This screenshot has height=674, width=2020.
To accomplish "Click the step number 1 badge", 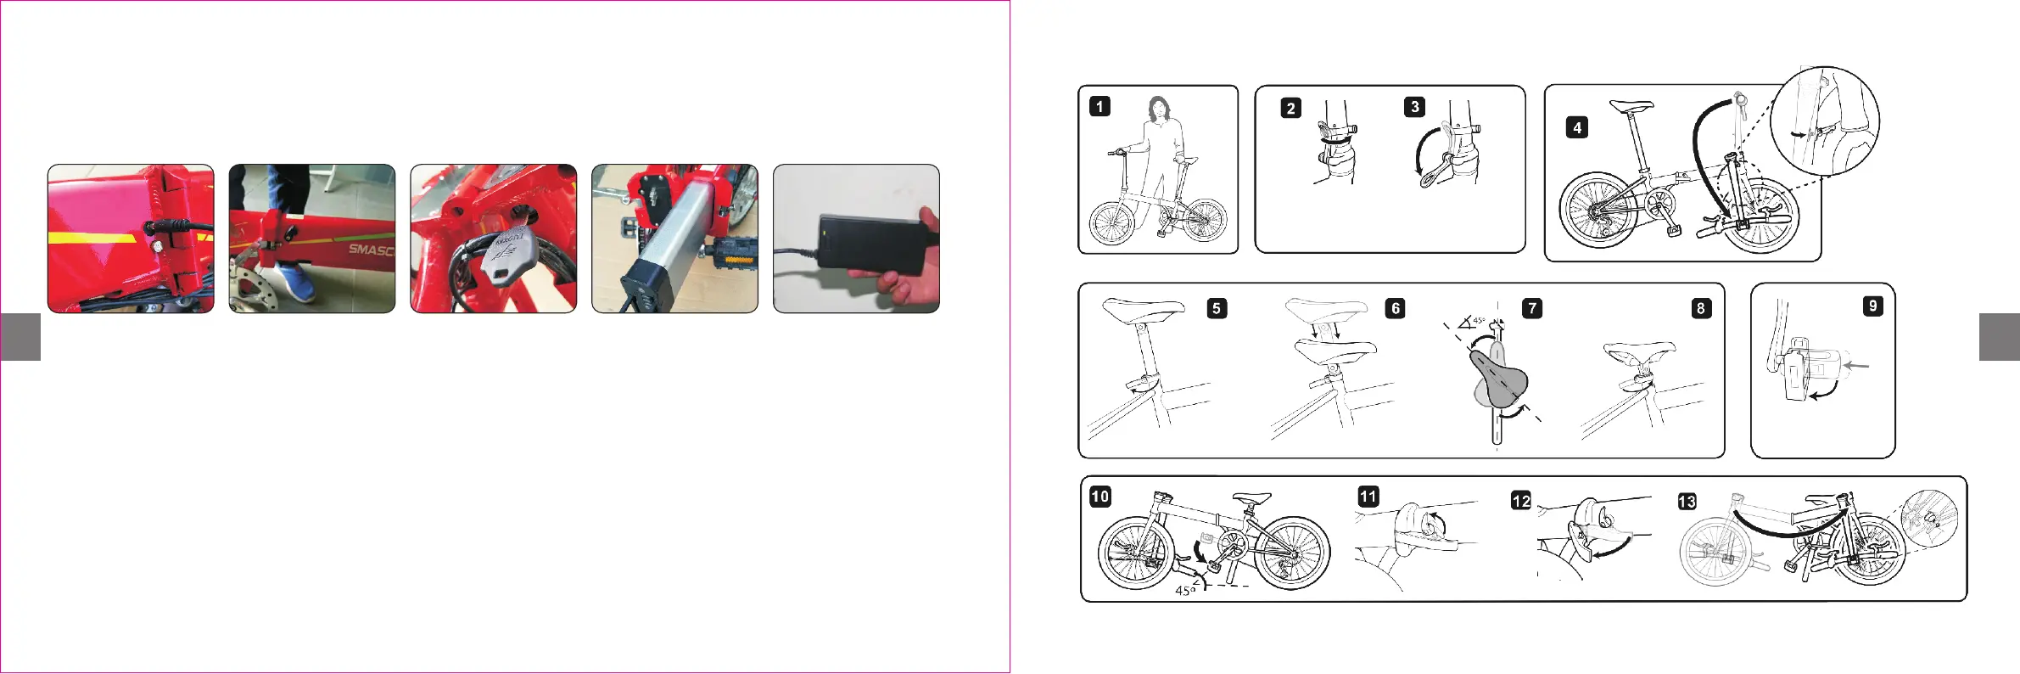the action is (1100, 106).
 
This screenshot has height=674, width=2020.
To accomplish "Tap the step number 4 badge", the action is (1576, 127).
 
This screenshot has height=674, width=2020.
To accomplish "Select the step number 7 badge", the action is (1531, 308).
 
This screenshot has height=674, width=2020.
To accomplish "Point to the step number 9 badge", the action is (1872, 306).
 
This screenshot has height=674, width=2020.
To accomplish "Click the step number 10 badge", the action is (1100, 497).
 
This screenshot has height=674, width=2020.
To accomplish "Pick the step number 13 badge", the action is (1687, 502).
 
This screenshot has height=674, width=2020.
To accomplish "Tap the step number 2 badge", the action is (1290, 108).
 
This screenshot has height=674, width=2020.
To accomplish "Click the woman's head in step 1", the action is (1158, 109).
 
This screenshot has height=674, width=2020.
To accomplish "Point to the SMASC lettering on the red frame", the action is (372, 250).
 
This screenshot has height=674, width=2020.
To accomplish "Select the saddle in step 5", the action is (1143, 309).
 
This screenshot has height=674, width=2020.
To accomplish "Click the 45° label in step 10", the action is (1184, 590).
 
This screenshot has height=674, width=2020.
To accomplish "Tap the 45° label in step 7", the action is (1479, 321).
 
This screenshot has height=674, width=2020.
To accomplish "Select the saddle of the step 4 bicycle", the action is (1631, 107).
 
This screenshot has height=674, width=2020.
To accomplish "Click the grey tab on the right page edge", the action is (1999, 337).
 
